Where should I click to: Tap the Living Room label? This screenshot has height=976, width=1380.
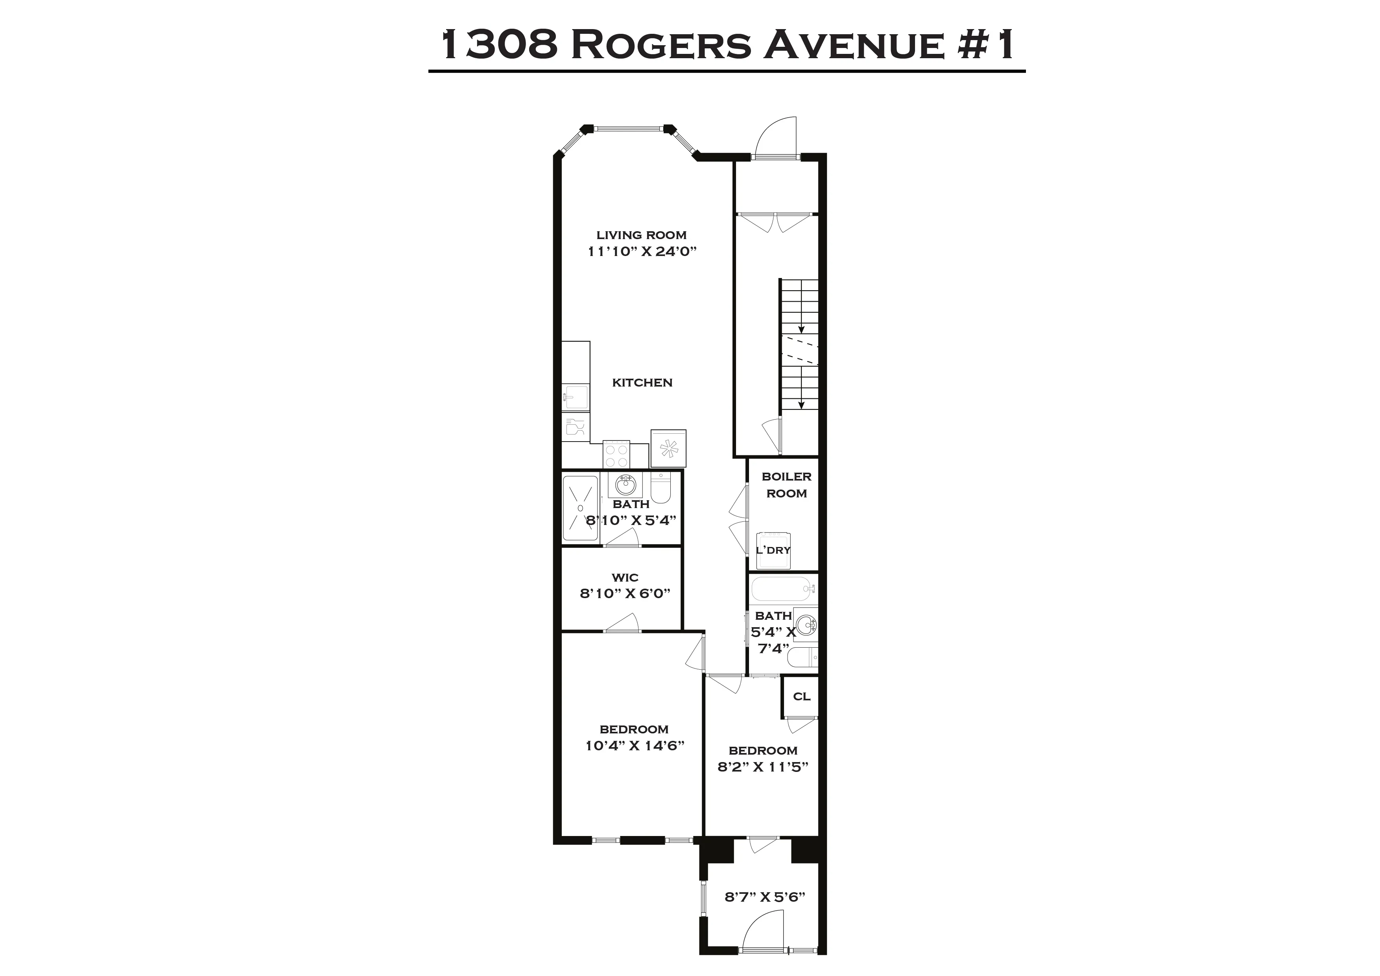click(641, 235)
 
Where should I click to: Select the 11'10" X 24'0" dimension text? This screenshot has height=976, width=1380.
click(641, 251)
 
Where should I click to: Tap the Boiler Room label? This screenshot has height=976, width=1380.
click(786, 485)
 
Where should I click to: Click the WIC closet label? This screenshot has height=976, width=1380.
click(625, 578)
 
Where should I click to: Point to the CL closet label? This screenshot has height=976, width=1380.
click(801, 696)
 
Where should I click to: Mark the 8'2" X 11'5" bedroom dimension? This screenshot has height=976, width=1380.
click(763, 767)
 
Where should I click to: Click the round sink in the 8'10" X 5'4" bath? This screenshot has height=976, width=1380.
click(625, 482)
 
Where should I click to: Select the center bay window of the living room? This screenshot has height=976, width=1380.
click(629, 128)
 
